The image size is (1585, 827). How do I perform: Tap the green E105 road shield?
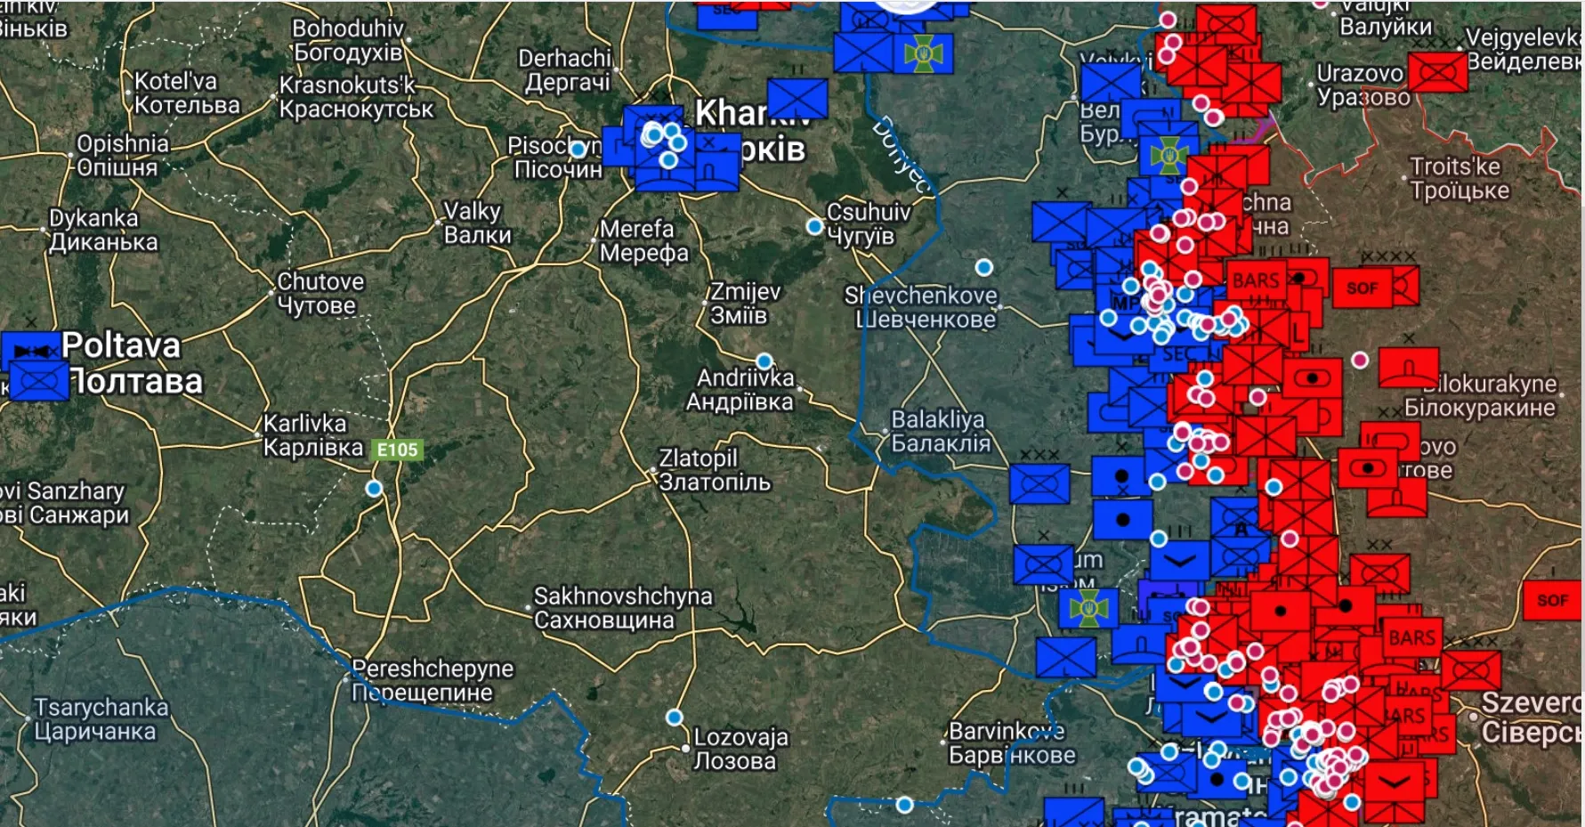click(x=397, y=450)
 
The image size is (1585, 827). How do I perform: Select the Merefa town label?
click(x=643, y=241)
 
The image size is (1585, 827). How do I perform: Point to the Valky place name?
click(x=475, y=223)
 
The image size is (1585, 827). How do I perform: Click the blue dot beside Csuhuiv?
click(x=814, y=227)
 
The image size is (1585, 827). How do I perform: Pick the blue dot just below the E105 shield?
click(x=374, y=488)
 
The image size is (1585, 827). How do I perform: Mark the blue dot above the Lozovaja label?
click(x=675, y=718)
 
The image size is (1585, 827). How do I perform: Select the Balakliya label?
click(x=939, y=431)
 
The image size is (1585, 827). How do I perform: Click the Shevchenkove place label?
click(x=922, y=307)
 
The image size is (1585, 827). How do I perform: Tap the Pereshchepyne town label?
click(x=432, y=680)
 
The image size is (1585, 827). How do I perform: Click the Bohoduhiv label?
click(x=348, y=40)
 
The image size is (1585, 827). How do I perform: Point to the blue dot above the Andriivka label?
click(x=764, y=361)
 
